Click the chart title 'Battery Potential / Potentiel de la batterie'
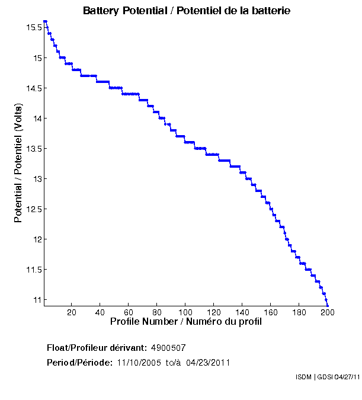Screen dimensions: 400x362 187,11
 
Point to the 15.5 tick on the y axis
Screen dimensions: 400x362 33,28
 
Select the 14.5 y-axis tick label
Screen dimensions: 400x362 33,88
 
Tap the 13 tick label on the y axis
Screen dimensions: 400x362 37,179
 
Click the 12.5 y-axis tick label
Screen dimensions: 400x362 33,209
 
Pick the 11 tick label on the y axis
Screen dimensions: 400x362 37,300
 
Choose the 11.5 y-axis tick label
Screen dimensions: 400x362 33,270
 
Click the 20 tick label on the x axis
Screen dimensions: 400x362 72,313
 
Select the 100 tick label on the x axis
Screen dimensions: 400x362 185,313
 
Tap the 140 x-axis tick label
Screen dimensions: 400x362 242,313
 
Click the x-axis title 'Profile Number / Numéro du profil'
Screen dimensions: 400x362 186,322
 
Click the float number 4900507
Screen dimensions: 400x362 169,347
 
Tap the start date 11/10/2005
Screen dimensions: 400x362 138,363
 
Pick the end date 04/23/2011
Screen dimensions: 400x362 208,363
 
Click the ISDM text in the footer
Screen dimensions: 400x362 303,377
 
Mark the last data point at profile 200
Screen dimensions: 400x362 328,306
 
